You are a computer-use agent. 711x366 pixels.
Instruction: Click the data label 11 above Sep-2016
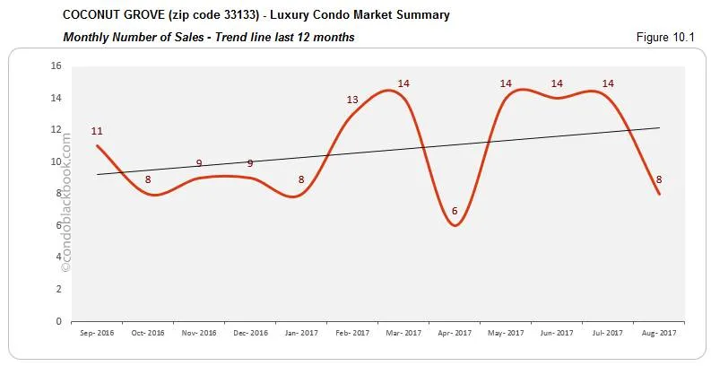coord(97,131)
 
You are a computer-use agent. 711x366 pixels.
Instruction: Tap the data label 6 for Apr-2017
coord(455,211)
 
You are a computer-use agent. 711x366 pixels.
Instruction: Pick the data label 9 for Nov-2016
coord(199,163)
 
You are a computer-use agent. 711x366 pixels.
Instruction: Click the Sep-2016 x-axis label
coord(97,333)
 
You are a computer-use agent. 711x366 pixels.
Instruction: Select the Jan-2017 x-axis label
coord(301,333)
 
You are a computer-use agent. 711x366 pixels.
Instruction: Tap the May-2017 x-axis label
coord(506,333)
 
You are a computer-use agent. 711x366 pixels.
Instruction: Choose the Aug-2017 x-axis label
coord(659,333)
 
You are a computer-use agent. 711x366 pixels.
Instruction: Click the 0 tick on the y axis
coord(57,321)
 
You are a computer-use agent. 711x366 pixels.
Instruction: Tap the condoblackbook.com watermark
coord(65,202)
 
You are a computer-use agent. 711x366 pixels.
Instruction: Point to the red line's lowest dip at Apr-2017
coord(455,225)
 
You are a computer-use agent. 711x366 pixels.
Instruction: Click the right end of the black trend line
coord(659,127)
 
